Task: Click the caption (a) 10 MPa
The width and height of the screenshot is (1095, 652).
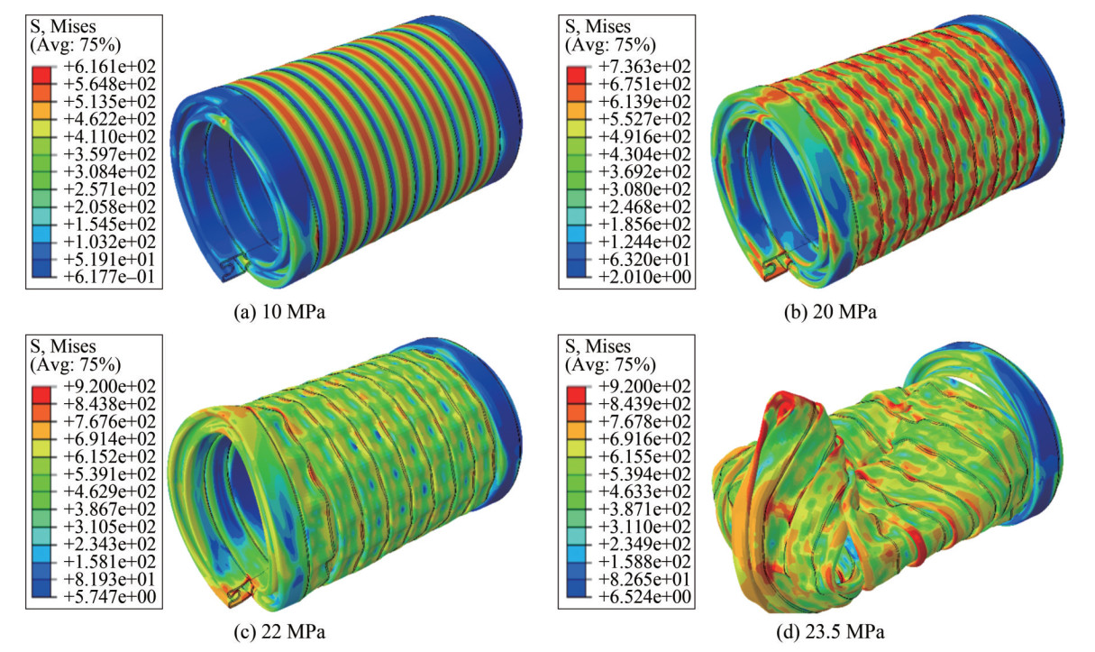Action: pos(279,311)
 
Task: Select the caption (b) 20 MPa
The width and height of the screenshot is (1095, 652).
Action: pos(830,311)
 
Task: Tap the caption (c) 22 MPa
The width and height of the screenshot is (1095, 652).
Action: pos(279,632)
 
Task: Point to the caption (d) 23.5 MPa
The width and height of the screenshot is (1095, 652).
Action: pos(830,632)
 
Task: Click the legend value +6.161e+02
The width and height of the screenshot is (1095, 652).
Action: pos(110,66)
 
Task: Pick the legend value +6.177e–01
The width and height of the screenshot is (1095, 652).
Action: pos(110,277)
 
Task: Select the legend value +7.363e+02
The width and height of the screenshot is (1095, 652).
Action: pos(644,66)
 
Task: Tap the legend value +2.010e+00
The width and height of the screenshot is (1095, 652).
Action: pos(644,277)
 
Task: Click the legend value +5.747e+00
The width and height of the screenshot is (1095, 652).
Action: pos(110,597)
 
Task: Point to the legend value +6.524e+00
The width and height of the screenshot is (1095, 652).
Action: pos(644,597)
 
